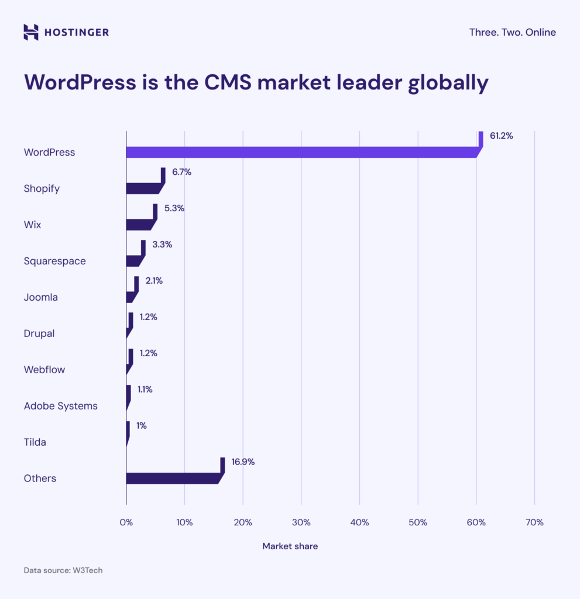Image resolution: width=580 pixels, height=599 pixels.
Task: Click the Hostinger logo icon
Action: point(31,32)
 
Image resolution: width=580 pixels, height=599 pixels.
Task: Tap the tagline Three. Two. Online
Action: point(512,32)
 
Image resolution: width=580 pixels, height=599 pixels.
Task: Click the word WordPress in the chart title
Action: point(80,82)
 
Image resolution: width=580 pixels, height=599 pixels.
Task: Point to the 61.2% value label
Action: point(501,136)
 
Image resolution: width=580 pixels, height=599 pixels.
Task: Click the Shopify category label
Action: point(42,188)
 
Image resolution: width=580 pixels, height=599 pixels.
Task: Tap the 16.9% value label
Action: point(243,462)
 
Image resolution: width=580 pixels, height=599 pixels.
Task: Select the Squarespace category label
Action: point(54,261)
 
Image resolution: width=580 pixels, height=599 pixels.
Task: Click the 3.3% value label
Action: point(162,245)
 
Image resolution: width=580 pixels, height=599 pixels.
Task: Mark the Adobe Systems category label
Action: point(60,405)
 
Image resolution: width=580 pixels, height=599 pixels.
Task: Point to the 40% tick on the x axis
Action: point(359,522)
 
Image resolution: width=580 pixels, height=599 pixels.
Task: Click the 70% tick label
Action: point(534,522)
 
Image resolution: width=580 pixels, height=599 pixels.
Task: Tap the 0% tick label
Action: point(126,522)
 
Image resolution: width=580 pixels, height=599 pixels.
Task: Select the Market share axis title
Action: point(290,546)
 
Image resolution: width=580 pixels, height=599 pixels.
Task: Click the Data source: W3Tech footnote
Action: point(63,570)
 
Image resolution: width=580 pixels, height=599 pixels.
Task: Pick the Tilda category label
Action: point(35,442)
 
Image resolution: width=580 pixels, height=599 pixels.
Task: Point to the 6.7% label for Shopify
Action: point(181,172)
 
